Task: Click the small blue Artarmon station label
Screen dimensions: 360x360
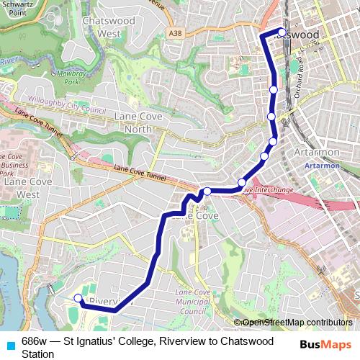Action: [318, 166]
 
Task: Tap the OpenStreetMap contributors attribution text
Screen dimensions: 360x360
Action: [295, 322]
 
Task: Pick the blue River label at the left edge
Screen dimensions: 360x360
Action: [7, 63]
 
